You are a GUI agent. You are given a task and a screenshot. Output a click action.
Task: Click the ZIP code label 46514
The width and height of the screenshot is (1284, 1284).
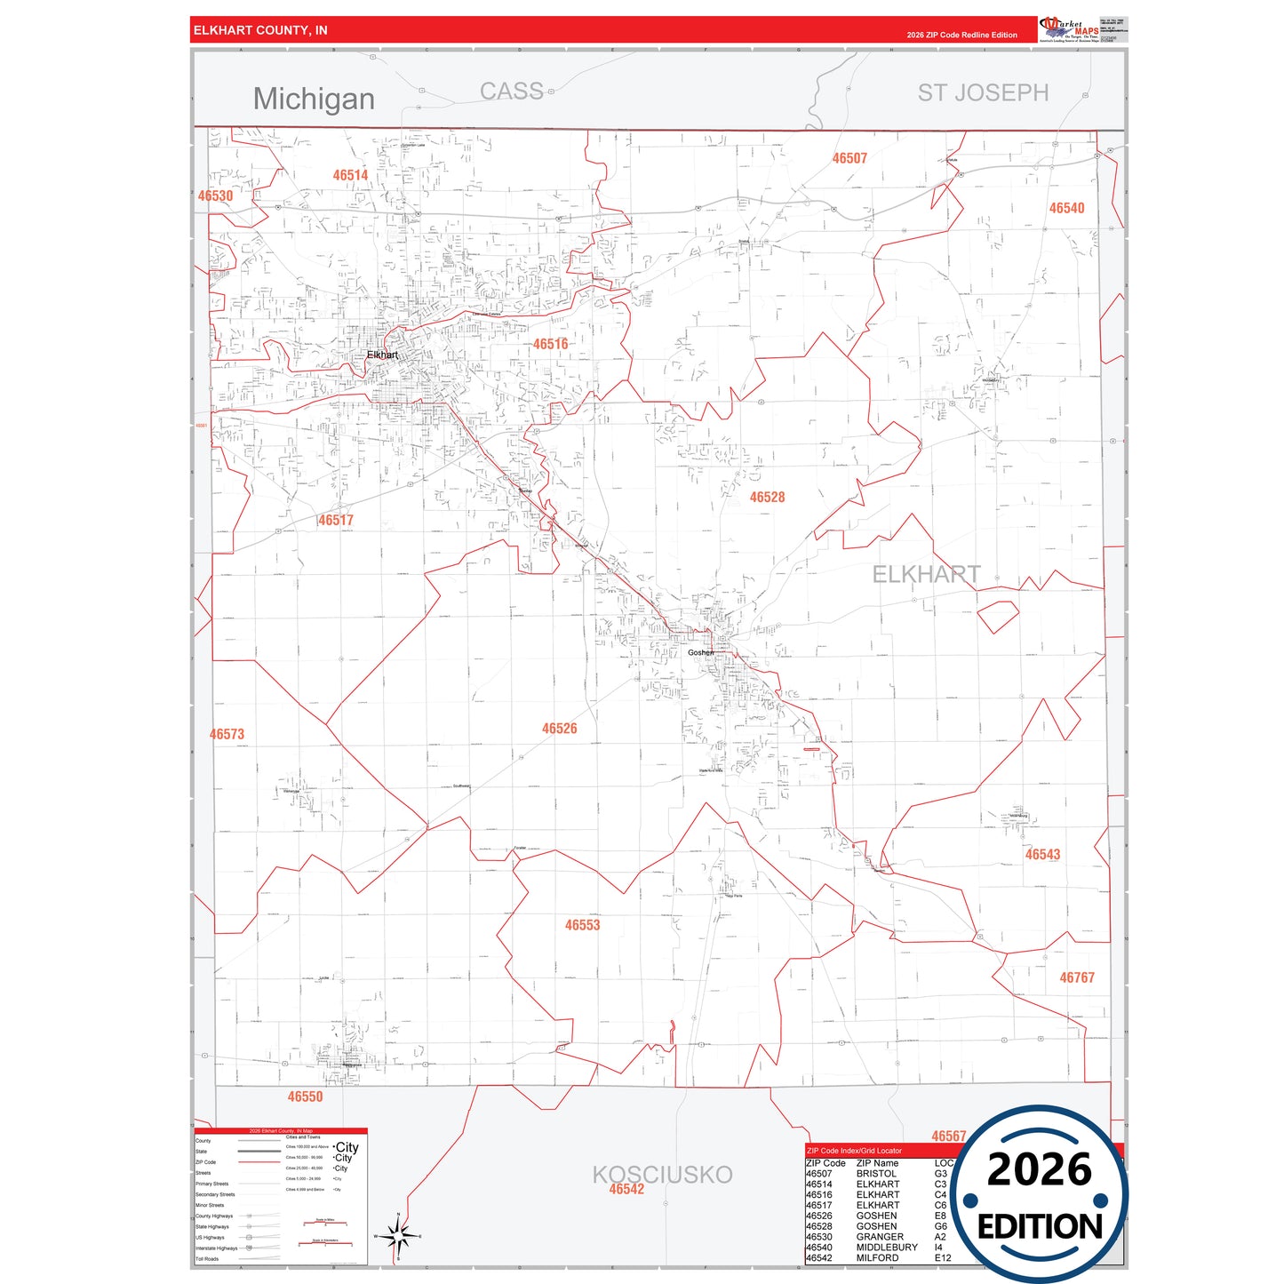[350, 175]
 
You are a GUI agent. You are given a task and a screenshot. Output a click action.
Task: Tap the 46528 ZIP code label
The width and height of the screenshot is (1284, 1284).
[767, 498]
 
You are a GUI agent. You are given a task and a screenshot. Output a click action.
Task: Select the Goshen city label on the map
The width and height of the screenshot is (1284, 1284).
[701, 652]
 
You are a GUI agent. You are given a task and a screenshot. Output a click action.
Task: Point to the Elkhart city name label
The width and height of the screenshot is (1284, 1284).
[382, 355]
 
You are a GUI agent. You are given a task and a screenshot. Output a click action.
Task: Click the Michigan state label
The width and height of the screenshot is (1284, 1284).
[314, 99]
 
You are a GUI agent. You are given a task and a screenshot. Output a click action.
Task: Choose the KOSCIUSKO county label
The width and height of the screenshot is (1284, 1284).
[662, 1174]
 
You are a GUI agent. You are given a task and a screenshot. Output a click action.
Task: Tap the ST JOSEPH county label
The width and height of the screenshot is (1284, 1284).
[983, 92]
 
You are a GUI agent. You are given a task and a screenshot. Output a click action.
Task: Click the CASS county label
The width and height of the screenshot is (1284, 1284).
[511, 92]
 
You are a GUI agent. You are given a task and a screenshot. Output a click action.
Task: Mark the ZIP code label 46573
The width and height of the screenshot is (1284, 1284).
[227, 734]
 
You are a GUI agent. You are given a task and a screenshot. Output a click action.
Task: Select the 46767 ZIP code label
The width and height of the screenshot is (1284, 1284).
[1076, 977]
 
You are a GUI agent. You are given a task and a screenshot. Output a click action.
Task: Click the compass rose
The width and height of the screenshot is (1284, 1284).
[398, 1236]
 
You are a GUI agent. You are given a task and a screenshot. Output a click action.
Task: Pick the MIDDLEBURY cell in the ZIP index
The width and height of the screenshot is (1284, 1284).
[886, 1248]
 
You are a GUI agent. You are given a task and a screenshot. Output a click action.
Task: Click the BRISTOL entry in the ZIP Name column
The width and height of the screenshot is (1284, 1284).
[875, 1174]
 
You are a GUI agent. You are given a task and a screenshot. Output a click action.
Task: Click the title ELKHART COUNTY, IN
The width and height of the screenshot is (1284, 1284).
[260, 30]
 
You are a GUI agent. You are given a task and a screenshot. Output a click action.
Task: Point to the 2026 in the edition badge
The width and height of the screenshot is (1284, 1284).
[1039, 1169]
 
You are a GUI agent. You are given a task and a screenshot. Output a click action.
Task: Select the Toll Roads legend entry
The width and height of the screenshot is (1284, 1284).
[207, 1259]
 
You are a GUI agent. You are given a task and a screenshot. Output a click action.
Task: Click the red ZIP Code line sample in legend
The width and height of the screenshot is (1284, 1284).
[259, 1162]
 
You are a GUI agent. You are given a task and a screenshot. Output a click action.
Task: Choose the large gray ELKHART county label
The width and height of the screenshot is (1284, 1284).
[926, 575]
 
